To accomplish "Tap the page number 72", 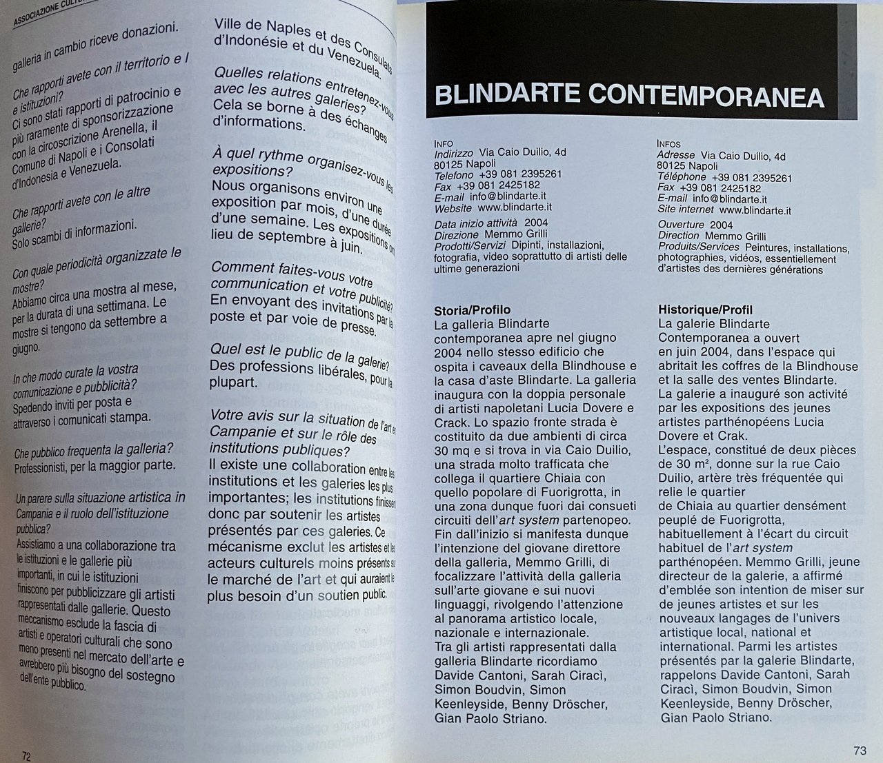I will (26, 755).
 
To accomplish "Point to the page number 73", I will (859, 751).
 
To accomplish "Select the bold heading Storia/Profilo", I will (473, 309).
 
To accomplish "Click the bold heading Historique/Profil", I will (705, 309).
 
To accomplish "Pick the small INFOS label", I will (669, 144).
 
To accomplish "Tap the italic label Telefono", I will (454, 175).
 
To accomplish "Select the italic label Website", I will (453, 207).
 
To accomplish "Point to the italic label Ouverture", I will (681, 225).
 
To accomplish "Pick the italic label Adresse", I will (676, 156).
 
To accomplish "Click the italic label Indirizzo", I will (454, 153).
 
